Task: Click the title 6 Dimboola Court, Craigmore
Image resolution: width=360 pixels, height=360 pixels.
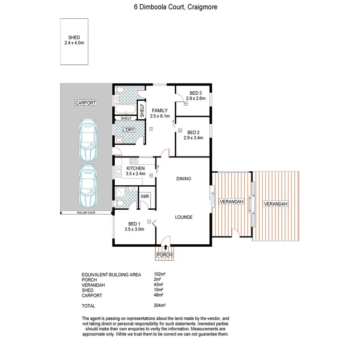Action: coord(180,7)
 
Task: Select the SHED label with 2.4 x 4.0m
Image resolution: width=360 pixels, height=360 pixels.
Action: coord(74,40)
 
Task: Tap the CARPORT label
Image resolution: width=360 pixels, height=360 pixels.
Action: coord(86,103)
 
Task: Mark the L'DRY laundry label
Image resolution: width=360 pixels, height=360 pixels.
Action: coord(128,130)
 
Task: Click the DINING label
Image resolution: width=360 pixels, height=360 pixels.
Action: coord(183,179)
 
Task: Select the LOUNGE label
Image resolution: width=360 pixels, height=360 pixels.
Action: coord(183,217)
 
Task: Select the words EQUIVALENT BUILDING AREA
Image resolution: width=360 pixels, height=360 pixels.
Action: coord(111,275)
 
